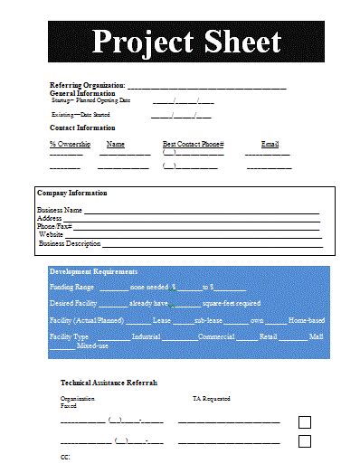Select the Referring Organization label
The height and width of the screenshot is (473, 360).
87,85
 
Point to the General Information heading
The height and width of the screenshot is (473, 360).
82,93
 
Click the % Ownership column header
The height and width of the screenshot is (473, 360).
66,144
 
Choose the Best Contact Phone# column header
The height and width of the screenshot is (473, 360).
193,144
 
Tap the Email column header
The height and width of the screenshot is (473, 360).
270,144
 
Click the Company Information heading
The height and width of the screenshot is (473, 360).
71,193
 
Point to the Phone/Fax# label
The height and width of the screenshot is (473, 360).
54,226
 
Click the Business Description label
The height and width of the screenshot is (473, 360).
70,243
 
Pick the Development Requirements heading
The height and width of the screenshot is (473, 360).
93,271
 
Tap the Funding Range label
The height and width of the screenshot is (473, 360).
71,286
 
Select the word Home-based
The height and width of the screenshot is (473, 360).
306,320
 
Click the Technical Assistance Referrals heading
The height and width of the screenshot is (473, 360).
109,383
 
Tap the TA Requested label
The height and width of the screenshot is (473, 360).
211,398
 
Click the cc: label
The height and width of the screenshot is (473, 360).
65,459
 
